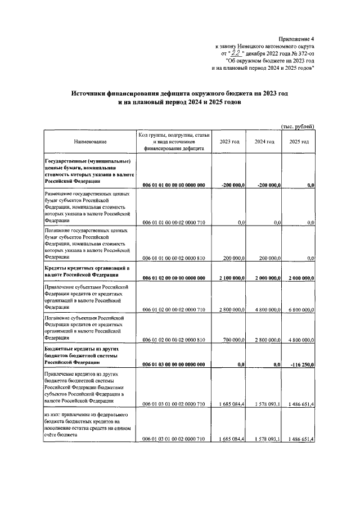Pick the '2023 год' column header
pyautogui.click(x=229, y=142)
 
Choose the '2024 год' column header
pyautogui.click(x=264, y=142)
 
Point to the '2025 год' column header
pyautogui.click(x=299, y=142)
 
